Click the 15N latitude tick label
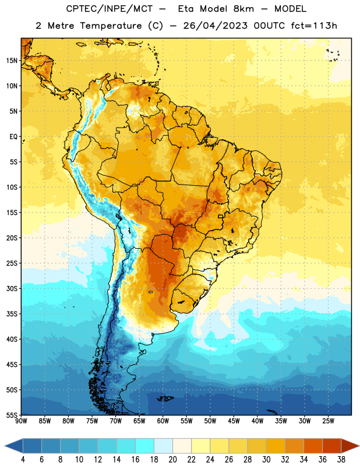(12, 61)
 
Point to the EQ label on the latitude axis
(13, 137)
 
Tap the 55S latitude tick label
(12, 415)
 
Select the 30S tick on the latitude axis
(12, 288)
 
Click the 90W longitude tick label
(21, 421)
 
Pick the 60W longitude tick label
(163, 421)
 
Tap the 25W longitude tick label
(328, 421)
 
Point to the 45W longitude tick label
(234, 421)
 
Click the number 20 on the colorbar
(172, 460)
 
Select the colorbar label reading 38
(341, 460)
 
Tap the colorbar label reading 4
(23, 460)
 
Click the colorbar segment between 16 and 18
(145, 446)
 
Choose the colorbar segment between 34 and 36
(313, 446)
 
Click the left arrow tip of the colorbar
(5, 446)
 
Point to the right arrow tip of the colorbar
(359, 446)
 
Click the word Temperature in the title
(111, 26)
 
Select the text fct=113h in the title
(314, 26)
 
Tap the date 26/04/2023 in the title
(215, 26)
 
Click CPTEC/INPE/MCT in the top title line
(109, 9)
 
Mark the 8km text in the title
(243, 9)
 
